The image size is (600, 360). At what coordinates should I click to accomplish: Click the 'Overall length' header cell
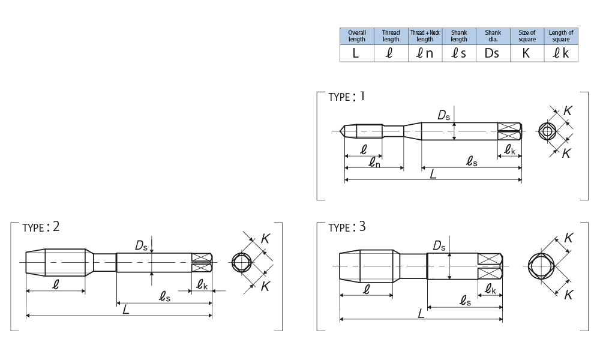point(356,36)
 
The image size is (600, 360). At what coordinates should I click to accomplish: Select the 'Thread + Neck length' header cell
point(425,36)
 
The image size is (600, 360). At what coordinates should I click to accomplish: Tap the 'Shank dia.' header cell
point(493,36)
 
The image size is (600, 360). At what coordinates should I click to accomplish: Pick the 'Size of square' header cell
point(526,36)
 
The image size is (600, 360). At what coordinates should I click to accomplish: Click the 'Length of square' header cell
point(561,36)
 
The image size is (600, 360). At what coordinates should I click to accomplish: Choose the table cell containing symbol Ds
point(493,53)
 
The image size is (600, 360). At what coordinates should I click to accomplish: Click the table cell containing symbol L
point(356,53)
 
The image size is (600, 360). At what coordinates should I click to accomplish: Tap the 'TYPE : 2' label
point(41,227)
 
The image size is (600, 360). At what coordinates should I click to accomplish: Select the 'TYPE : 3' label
point(347,227)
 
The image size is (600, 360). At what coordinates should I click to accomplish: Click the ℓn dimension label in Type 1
point(374,161)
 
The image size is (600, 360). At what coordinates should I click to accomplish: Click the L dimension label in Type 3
point(422,313)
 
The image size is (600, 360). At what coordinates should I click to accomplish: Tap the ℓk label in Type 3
point(491,289)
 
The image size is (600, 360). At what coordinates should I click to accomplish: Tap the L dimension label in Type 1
point(433,173)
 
